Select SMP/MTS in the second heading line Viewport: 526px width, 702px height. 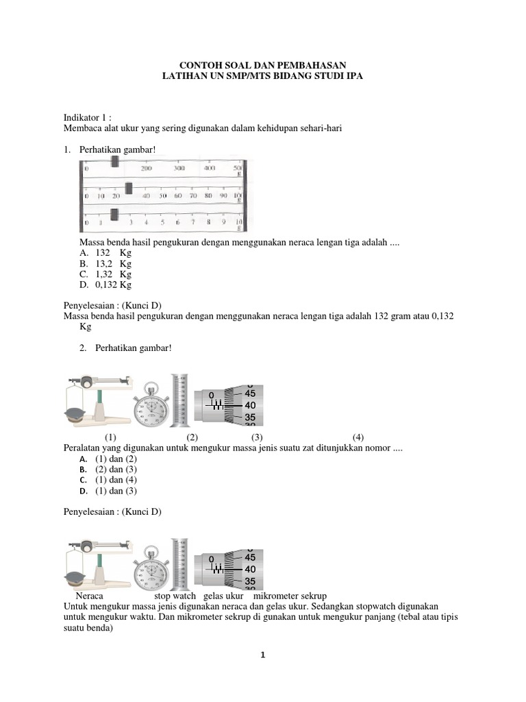(x=235, y=77)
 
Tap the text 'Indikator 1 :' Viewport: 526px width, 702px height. (x=87, y=117)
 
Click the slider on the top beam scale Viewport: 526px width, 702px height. (x=115, y=162)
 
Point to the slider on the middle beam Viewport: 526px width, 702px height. (x=129, y=188)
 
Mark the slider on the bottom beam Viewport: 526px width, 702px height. (x=115, y=215)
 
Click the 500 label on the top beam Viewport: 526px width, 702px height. (x=238, y=168)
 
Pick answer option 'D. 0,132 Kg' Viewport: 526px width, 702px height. (x=105, y=285)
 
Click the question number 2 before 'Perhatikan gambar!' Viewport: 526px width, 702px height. (x=82, y=348)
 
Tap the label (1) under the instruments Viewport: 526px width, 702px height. (x=110, y=437)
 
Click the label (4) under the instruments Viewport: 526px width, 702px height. (x=358, y=437)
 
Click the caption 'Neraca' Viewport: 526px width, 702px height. (x=89, y=596)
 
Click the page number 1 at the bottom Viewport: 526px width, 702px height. (x=262, y=655)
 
